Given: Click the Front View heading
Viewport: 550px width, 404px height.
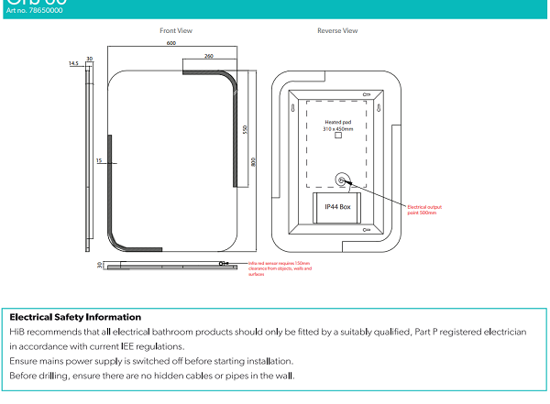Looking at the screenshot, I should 176,31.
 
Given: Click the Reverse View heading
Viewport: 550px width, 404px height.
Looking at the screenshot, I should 337,31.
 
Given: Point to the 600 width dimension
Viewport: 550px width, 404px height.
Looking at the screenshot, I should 171,43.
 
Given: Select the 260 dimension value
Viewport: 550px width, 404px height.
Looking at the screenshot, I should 209,57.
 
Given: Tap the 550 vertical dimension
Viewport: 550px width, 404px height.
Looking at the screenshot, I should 245,129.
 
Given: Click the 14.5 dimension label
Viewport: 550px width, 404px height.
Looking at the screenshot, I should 73,64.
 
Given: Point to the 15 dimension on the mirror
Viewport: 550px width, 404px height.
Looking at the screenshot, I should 99,161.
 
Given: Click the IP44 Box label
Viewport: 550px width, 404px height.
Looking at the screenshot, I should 338,207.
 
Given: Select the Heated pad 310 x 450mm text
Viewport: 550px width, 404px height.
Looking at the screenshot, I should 337,126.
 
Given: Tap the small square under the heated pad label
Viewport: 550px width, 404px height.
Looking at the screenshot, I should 337,137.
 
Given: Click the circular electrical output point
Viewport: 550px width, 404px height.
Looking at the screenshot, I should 343,180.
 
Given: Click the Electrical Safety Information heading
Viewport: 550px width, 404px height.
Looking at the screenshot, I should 75,317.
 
